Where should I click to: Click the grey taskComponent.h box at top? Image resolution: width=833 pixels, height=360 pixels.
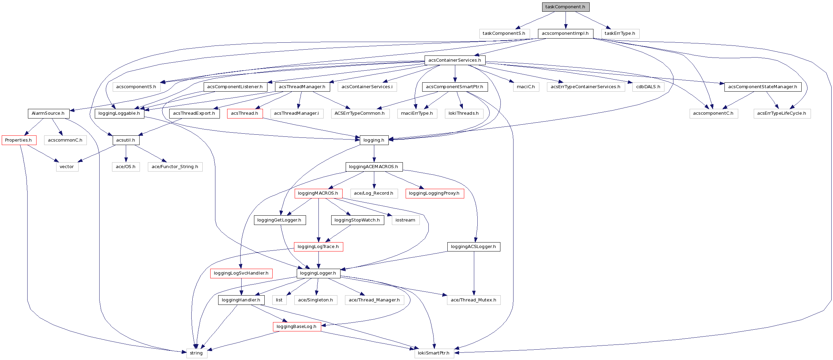point(565,7)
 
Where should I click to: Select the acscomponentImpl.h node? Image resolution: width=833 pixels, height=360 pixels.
point(565,33)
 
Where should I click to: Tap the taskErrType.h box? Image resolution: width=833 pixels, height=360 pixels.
point(620,33)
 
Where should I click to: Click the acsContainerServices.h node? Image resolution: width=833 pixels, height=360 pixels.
point(455,60)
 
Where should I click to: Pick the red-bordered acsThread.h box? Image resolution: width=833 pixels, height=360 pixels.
point(245,113)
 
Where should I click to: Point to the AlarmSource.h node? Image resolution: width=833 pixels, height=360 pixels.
point(48,113)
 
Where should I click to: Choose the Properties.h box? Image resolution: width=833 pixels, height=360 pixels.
point(18,140)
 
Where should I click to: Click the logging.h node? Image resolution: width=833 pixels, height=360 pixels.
point(374,140)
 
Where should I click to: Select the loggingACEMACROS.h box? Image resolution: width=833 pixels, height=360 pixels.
point(374,167)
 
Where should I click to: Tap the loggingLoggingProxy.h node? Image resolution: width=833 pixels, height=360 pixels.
point(434,193)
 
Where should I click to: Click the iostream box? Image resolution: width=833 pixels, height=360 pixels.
point(405,220)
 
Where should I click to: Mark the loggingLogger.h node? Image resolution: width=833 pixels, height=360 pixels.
point(318,273)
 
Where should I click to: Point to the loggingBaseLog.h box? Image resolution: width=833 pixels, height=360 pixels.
point(296,327)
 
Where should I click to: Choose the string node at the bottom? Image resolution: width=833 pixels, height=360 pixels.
point(196,353)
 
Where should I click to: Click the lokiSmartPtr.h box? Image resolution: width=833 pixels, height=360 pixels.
point(434,353)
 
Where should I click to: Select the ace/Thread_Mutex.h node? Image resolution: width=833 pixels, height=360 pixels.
point(474,300)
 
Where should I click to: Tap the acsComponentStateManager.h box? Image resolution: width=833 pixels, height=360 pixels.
point(763,87)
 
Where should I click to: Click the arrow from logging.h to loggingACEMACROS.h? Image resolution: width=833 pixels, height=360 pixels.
point(374,154)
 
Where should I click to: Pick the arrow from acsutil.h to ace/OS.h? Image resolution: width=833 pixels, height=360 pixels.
point(126,154)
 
